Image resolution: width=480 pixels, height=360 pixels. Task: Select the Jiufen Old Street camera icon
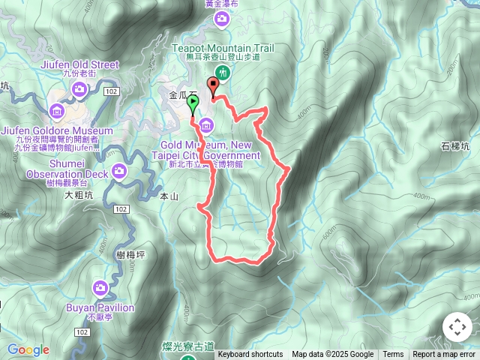click(x=79, y=91)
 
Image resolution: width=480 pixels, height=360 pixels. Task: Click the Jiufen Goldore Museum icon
click(x=56, y=112)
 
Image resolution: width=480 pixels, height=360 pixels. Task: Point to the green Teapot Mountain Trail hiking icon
click(x=223, y=72)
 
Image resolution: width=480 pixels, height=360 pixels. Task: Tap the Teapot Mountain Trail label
click(x=223, y=47)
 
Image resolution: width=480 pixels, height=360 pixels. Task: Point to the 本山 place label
click(x=169, y=196)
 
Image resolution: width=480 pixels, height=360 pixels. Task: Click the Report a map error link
click(x=444, y=355)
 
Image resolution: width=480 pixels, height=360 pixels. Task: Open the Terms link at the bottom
click(x=393, y=355)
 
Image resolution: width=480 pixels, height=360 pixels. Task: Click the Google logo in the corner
click(x=28, y=349)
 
